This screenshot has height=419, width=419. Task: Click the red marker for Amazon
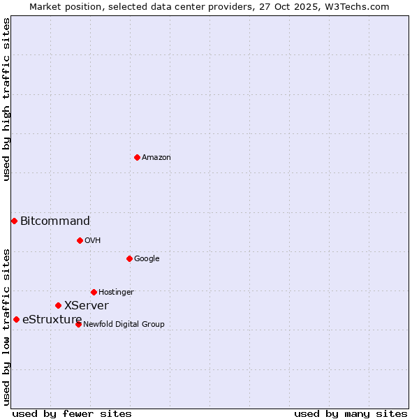137,157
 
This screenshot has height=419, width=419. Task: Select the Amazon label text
156,158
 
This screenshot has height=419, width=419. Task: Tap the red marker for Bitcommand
14,221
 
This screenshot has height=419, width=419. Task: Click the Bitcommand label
55,221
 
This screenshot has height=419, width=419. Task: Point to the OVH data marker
80,240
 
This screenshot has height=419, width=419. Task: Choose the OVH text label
93,241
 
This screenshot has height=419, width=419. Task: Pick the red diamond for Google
129,258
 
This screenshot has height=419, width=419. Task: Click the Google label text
147,259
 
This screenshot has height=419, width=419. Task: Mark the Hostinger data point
94,292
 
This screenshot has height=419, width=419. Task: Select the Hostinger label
116,293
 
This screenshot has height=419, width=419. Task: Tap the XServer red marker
58,305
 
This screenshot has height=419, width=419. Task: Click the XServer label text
87,306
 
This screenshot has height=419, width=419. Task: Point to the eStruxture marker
16,319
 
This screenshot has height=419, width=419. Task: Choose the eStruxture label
52,320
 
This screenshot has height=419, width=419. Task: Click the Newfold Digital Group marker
78,324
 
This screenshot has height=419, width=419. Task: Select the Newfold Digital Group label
124,324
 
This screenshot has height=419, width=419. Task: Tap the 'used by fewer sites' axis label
72,413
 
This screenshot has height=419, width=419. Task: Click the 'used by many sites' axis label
351,413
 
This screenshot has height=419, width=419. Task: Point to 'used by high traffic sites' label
6,99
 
